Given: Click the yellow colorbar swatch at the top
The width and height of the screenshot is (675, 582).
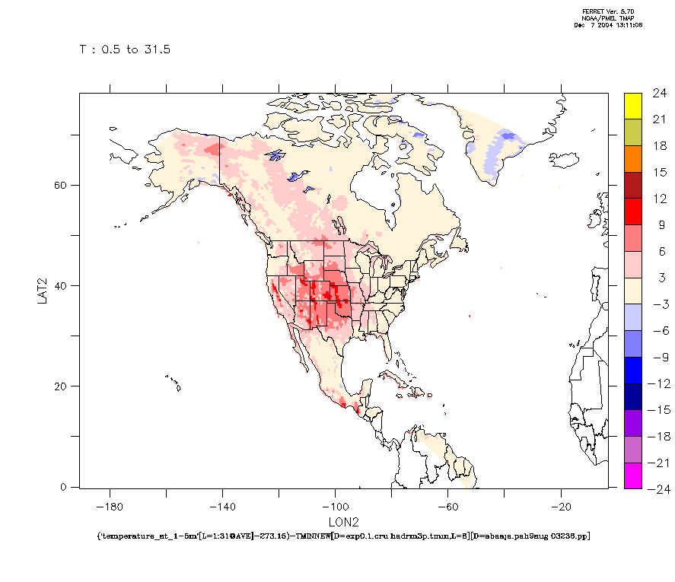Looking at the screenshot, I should (x=632, y=106).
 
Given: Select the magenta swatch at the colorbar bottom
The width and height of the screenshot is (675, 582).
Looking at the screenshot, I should (x=632, y=475).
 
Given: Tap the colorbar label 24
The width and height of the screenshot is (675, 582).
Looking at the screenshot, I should (x=659, y=94).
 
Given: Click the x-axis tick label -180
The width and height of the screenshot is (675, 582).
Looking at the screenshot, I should (x=110, y=505).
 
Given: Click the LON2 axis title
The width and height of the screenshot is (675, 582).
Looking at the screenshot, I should (x=342, y=522).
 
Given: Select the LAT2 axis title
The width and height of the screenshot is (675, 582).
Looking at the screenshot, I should (x=43, y=289).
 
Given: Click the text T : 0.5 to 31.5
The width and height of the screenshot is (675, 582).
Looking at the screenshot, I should (x=125, y=49).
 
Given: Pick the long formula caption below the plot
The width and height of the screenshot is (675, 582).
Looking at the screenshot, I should (x=343, y=536).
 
